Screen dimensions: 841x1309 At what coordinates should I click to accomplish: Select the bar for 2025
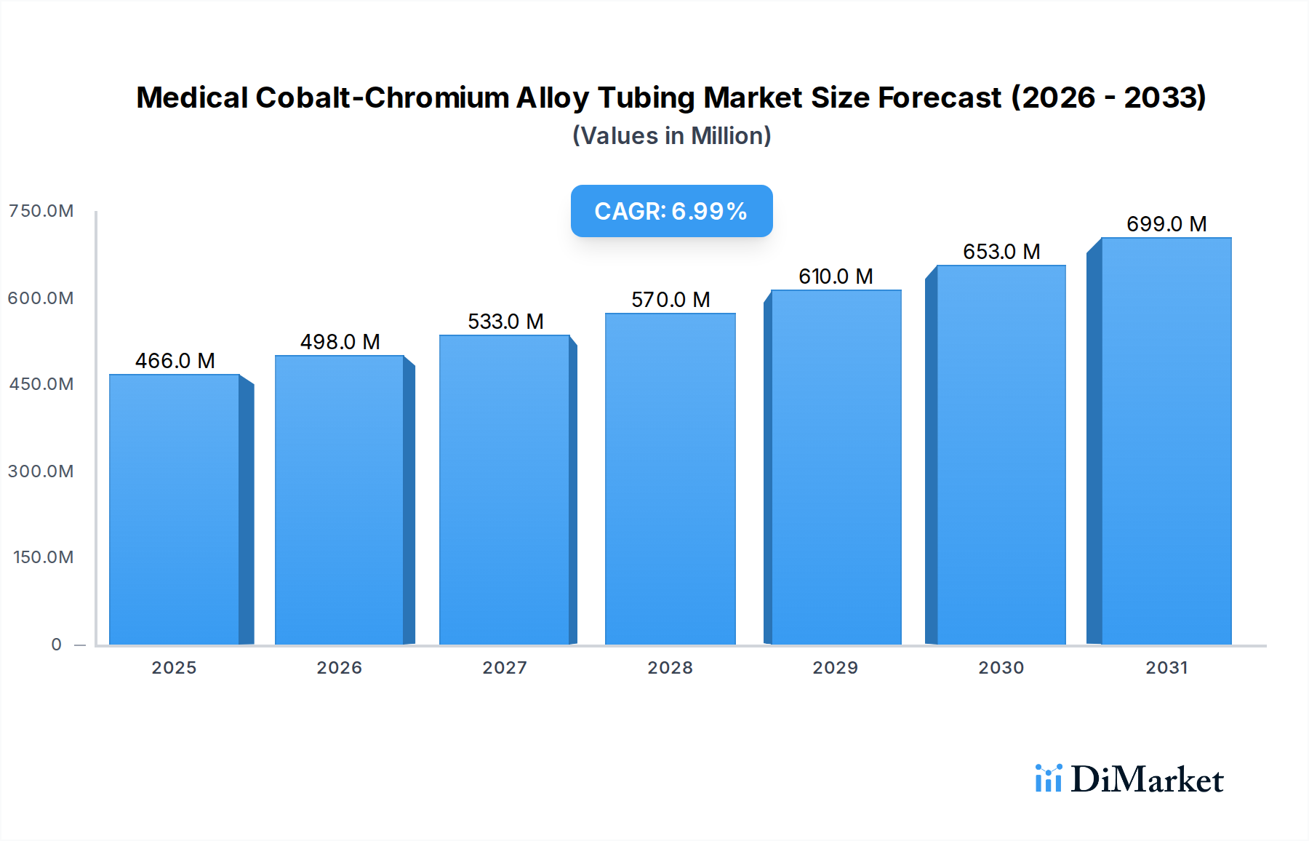[175, 509]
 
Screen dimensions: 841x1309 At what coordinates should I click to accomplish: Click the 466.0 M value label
[175, 361]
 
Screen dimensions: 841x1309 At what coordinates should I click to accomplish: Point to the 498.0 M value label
[340, 342]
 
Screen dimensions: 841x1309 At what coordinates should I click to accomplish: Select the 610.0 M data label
[836, 276]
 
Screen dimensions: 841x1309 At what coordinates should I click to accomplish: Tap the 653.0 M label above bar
[1001, 252]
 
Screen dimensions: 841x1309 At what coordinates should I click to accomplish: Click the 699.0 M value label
[1166, 224]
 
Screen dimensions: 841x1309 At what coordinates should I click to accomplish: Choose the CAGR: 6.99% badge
[671, 211]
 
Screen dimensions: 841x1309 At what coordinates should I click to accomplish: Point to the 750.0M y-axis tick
[41, 211]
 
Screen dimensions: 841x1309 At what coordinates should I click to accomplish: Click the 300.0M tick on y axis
[41, 471]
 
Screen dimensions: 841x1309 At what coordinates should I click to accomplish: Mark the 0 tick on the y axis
[57, 645]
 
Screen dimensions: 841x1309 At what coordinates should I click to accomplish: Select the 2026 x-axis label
[339, 668]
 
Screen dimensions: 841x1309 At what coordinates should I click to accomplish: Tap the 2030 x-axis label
[1001, 668]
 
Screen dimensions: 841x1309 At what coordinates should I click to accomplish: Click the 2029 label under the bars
[835, 668]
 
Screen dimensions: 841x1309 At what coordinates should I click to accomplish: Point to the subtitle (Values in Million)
[671, 136]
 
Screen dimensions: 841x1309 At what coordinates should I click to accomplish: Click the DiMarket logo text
[1147, 780]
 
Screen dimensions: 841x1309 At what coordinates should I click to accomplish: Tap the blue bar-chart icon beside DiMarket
[1048, 778]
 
